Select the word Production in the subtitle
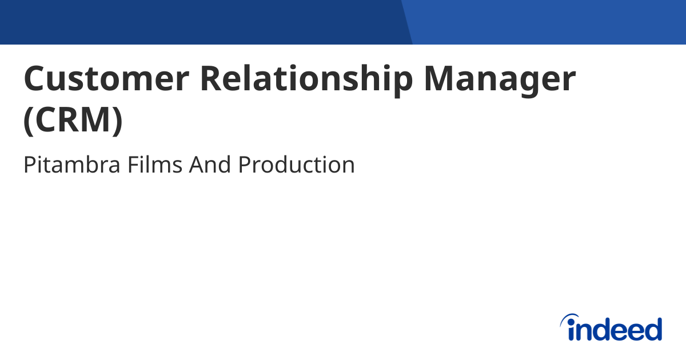tap(297, 165)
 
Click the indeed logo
tap(611, 329)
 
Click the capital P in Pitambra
tap(29, 165)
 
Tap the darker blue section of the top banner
tap(200, 22)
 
